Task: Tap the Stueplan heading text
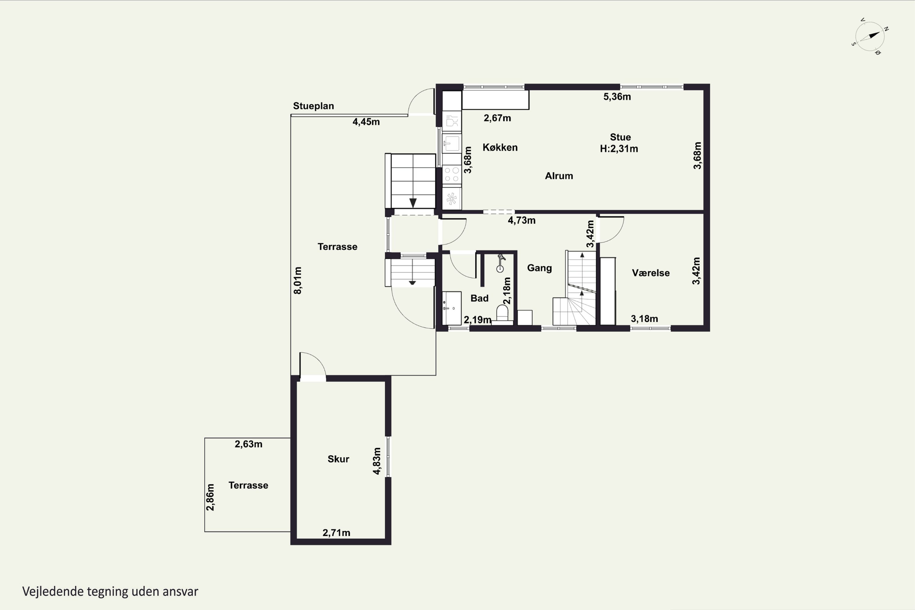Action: click(x=313, y=106)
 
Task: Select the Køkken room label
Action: click(x=500, y=147)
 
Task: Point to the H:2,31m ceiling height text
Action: click(x=619, y=149)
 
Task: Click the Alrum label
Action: click(x=559, y=176)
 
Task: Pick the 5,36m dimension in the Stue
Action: click(x=617, y=96)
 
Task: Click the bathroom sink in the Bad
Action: click(x=452, y=308)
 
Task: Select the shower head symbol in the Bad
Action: click(x=501, y=263)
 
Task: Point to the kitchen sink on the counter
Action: click(x=452, y=143)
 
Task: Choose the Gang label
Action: click(x=539, y=268)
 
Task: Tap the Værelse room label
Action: click(x=651, y=273)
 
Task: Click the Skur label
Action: click(x=338, y=459)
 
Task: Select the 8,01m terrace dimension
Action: click(x=298, y=280)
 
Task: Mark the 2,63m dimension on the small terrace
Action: click(x=248, y=444)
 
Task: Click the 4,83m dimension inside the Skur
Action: click(x=377, y=461)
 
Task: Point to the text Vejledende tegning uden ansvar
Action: click(x=110, y=592)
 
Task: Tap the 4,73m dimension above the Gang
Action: click(x=521, y=220)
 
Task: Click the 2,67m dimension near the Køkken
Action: click(x=497, y=118)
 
